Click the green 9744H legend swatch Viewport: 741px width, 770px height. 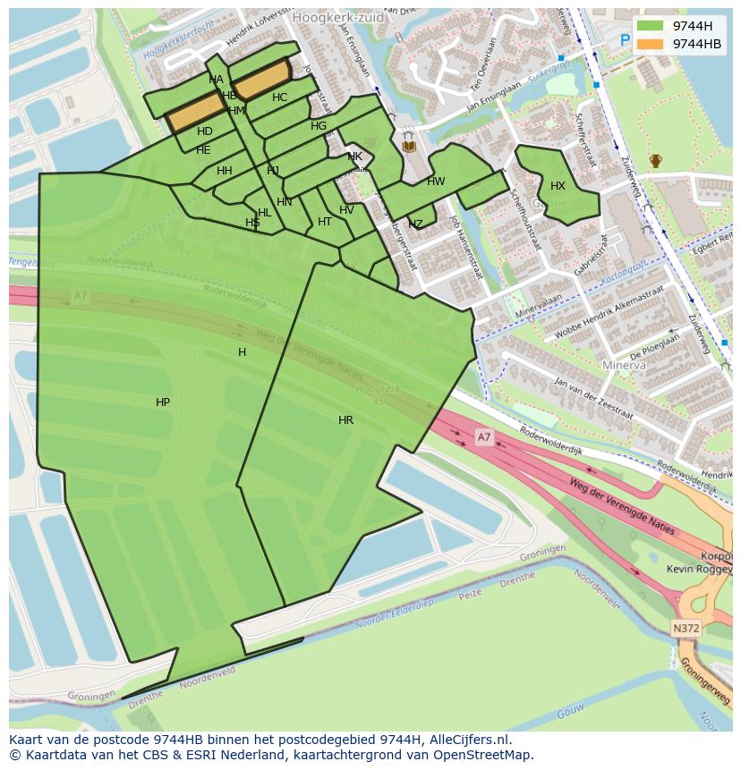[651, 25]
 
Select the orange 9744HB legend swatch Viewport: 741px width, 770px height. [651, 44]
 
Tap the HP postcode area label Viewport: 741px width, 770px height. [163, 402]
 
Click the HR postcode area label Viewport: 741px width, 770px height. [345, 420]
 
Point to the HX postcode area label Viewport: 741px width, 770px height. [558, 186]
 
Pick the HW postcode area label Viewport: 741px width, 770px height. [436, 182]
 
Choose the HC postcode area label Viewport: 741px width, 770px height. [279, 97]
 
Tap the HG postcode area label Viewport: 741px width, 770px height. [319, 126]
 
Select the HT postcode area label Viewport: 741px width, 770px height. [325, 222]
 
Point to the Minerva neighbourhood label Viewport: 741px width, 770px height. [624, 366]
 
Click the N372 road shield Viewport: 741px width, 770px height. [686, 629]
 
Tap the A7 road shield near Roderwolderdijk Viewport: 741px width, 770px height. [483, 437]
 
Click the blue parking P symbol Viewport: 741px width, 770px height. [625, 40]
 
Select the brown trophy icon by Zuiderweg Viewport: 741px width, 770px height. [655, 161]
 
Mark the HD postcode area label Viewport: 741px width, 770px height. [205, 131]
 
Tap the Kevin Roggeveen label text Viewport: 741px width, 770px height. [700, 569]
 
